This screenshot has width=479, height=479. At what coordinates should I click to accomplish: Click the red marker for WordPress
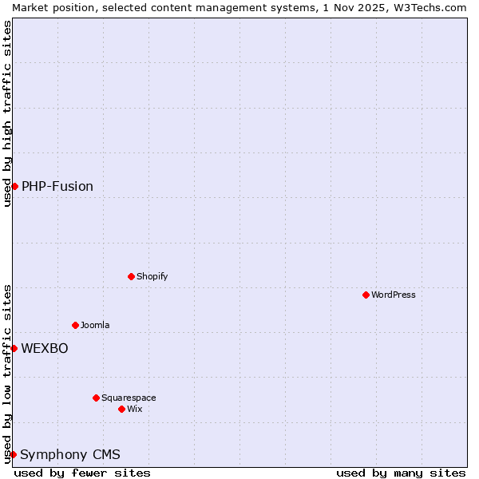point(366,295)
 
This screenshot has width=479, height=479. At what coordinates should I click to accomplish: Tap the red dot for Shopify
point(131,276)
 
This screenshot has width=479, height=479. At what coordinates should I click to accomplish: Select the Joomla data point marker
point(75,325)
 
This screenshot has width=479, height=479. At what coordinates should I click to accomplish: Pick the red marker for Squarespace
point(96,398)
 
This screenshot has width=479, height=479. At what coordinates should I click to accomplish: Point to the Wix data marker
point(121,409)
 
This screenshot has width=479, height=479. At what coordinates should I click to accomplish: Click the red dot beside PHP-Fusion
point(14,186)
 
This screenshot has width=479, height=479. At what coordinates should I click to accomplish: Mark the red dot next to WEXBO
point(14,348)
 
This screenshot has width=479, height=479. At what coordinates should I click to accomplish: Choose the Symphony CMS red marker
point(13,454)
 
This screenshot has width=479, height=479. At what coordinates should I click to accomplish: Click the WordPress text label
point(394,295)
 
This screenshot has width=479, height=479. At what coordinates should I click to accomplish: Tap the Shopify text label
point(152,276)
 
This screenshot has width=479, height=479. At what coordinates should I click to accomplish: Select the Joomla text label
point(95,325)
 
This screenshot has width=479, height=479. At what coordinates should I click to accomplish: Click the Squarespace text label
point(129,398)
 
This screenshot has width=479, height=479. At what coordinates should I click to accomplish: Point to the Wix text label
point(135,409)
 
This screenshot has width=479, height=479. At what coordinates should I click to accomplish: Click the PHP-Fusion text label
point(57,186)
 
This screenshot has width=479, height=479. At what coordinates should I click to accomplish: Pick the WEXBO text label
point(45,348)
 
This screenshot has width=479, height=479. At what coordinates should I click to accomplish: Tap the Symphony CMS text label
point(70,454)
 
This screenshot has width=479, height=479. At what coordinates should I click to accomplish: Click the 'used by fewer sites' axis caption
point(82,473)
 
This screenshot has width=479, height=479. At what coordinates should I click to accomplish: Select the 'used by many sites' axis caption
point(401,473)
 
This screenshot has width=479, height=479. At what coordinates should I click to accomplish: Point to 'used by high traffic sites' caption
point(7,113)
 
